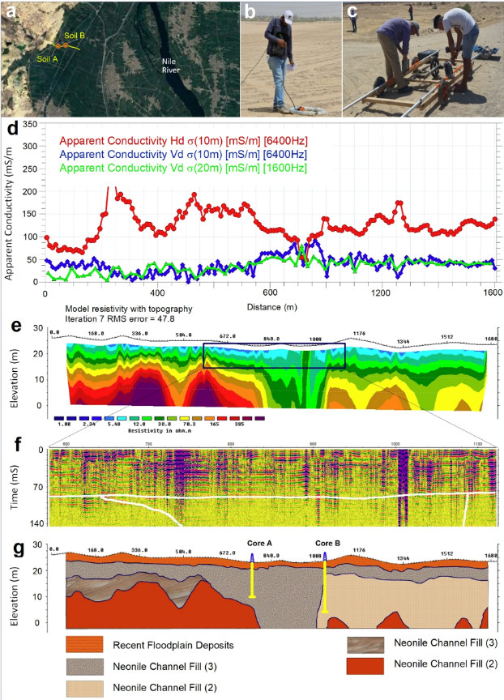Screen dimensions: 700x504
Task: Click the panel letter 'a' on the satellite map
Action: tap(11, 11)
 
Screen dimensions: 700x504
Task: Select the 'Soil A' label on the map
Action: tap(47, 59)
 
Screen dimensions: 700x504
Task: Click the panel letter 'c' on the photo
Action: tap(352, 11)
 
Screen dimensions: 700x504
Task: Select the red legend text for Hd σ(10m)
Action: tap(182, 141)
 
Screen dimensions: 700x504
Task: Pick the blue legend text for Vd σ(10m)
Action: tap(182, 153)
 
